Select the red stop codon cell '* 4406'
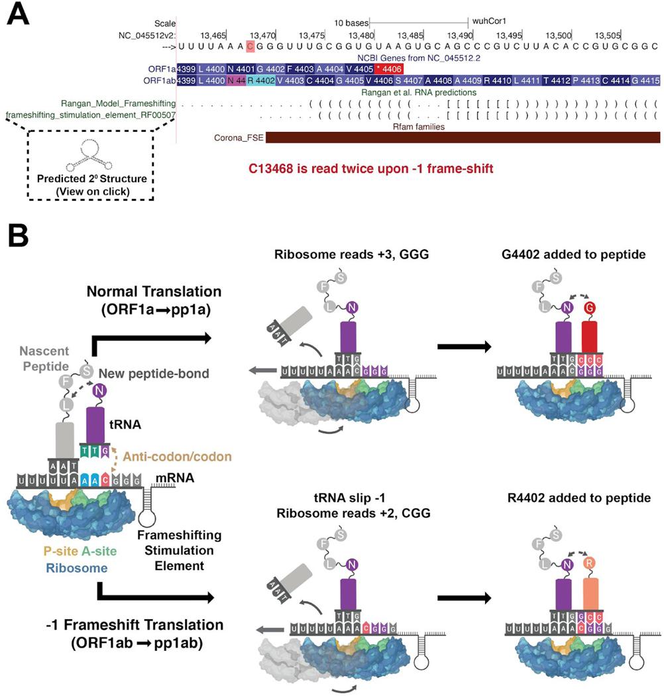click(388, 69)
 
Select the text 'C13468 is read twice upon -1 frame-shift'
click(371, 168)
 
